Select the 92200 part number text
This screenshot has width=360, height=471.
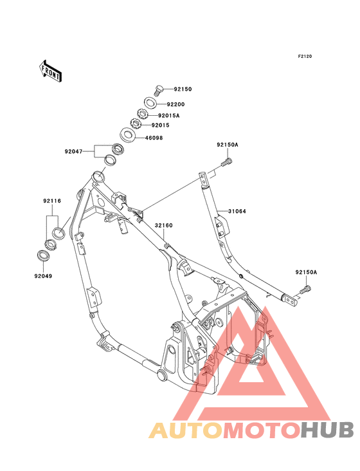(x=176, y=104)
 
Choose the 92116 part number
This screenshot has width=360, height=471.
(x=52, y=201)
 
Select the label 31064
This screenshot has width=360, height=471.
(x=235, y=210)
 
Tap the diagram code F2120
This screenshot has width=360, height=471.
(x=305, y=57)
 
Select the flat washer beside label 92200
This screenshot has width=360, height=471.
(x=150, y=103)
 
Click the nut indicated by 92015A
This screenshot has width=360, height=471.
(x=141, y=115)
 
